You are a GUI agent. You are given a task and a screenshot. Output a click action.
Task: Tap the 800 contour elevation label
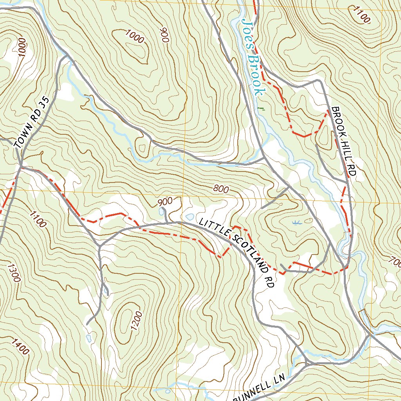221,189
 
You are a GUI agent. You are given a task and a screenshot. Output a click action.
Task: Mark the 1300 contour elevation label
13,272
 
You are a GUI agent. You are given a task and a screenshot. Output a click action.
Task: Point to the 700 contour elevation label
394,261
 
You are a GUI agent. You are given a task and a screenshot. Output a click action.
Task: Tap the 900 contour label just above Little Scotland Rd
165,202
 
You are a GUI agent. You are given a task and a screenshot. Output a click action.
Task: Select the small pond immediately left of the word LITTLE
190,217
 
